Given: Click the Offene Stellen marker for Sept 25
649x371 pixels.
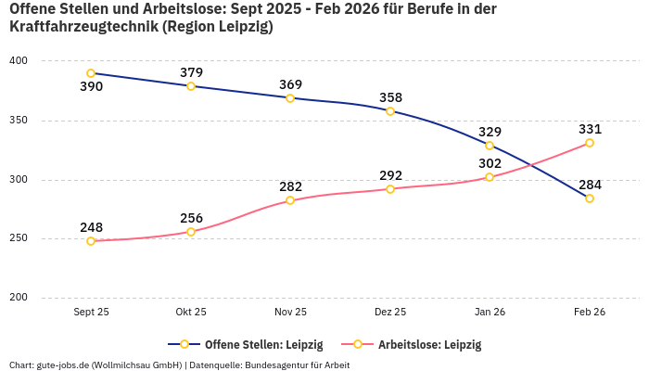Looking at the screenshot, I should [91, 73].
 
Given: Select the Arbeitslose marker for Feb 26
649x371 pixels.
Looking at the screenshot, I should [590, 143].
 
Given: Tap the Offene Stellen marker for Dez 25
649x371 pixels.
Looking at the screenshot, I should [390, 111].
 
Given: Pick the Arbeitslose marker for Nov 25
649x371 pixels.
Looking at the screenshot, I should [290, 200].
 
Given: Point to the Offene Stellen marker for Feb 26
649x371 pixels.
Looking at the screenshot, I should [590, 198].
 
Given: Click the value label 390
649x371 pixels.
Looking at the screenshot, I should [91, 87].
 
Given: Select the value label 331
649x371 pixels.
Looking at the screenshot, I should [590, 129].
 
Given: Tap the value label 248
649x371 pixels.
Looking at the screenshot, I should [91, 227].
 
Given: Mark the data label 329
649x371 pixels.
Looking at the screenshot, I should [490, 132].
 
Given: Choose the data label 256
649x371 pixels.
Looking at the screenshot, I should [191, 218].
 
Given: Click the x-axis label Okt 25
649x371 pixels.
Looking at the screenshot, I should [191, 313].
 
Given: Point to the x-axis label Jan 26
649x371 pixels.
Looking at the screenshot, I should [490, 313].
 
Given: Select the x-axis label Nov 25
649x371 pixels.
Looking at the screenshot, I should [290, 313].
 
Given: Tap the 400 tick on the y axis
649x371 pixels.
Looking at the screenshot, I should [19, 61].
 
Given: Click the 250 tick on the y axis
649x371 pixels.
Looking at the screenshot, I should [19, 238].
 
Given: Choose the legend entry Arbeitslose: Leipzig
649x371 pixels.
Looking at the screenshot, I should [429, 344].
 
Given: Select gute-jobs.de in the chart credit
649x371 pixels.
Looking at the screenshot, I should [62, 365].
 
